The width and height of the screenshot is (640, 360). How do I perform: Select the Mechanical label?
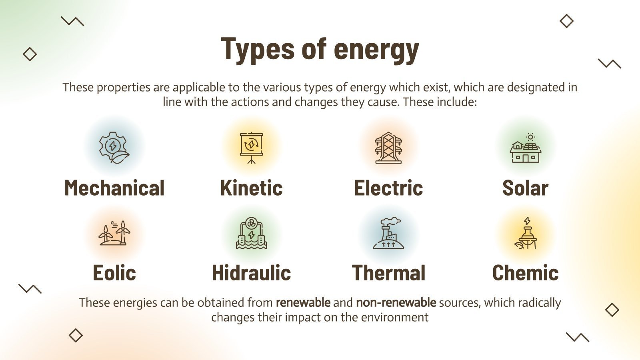coord(114,188)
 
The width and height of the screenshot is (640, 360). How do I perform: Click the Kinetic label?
coord(251,188)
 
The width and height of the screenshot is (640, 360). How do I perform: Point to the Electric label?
coord(388,188)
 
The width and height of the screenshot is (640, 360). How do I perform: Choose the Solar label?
coord(525,188)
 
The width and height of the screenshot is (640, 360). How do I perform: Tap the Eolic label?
coord(114,273)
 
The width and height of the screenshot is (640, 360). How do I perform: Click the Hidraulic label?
coord(251,273)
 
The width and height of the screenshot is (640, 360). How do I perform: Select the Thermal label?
coord(388,273)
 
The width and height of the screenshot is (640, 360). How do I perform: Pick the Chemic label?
coord(525,273)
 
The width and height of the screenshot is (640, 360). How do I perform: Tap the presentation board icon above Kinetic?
coord(251,148)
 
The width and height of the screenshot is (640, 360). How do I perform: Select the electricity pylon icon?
coord(388,148)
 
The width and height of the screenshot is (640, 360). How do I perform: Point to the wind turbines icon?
coord(114,233)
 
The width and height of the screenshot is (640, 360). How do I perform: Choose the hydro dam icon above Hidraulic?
coord(251,233)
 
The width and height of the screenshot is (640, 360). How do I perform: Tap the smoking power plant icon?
coord(388,233)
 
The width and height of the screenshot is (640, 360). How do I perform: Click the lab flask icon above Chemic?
coord(526,233)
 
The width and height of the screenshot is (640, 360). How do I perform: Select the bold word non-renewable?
coord(396,302)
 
